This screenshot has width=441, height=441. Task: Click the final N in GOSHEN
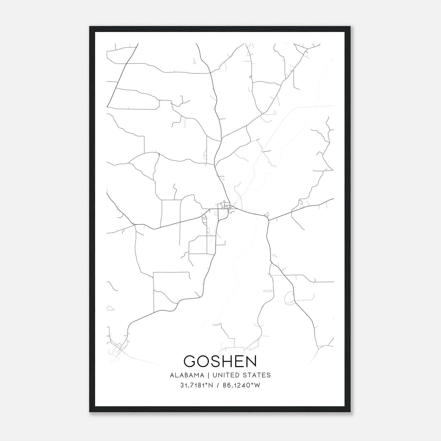pos(252,361)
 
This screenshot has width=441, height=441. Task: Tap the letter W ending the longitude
pos(257,385)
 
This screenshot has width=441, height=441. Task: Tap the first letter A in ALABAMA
pos(172,375)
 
